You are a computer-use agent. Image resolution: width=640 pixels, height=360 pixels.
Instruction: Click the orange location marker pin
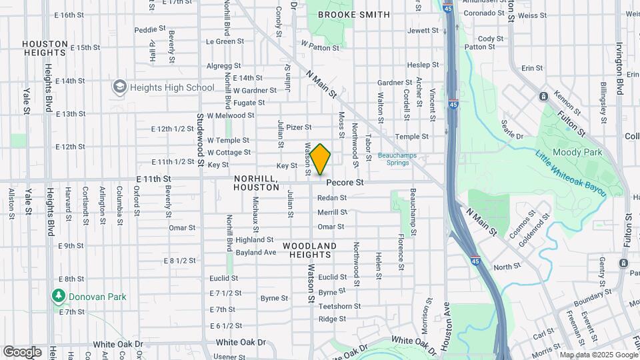[x=320, y=159]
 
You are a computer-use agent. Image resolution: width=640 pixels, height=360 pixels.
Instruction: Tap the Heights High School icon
[x=119, y=87]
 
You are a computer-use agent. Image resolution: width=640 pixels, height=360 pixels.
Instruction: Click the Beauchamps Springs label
[x=397, y=159]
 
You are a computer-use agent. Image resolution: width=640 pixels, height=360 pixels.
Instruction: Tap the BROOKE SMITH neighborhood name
[x=353, y=14]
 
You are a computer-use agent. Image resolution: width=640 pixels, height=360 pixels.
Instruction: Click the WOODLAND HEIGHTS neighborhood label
[x=309, y=246]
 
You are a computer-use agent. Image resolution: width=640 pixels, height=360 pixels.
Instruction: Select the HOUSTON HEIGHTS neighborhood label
[x=45, y=48]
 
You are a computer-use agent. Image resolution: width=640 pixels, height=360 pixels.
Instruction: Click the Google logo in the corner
[x=22, y=351]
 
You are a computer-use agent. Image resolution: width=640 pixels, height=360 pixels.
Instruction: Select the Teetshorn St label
[x=339, y=306]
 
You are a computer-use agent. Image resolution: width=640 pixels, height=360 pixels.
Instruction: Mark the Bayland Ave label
[x=255, y=253]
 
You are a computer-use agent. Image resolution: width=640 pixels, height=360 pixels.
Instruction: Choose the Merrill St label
[x=332, y=212]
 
